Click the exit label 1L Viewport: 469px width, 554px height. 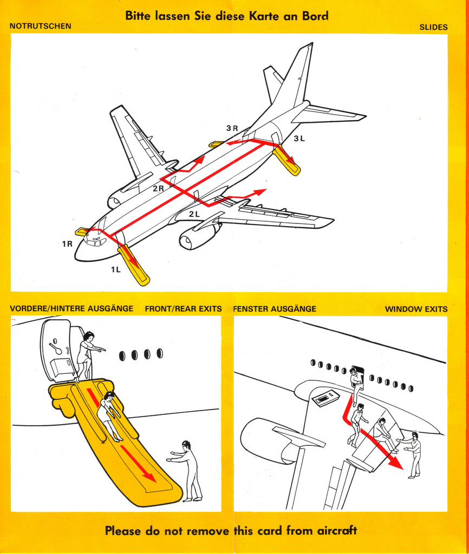coord(116,269)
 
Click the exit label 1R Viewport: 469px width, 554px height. coord(67,244)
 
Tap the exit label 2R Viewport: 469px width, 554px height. coord(158,188)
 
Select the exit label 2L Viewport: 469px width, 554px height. coord(194,214)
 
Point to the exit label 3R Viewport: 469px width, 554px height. coord(232,128)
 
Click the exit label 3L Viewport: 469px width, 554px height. coord(299,138)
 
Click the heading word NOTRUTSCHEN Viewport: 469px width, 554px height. coord(41,26)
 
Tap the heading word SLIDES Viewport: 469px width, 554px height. coord(433,27)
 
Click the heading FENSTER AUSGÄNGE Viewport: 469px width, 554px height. coord(275,309)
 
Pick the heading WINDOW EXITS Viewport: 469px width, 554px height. coord(416,309)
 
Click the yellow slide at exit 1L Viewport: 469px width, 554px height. coord(134,266)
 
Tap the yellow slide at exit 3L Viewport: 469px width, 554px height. coord(286,161)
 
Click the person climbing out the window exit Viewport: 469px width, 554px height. coord(356,384)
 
